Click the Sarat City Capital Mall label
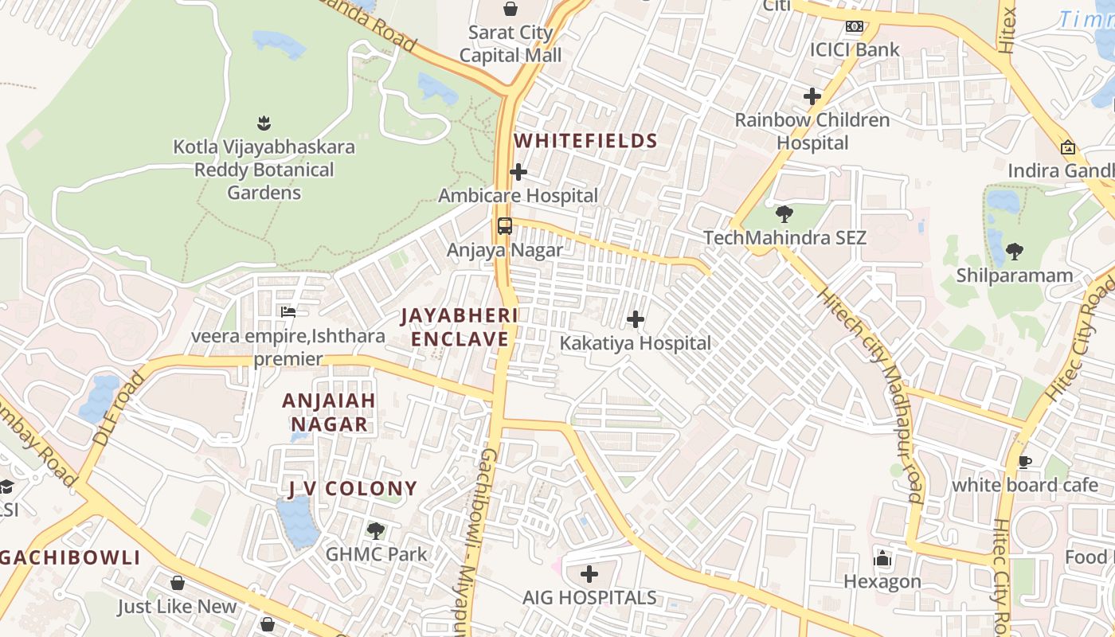click(x=511, y=45)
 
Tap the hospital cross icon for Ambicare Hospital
click(x=518, y=172)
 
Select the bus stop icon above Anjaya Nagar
click(x=505, y=225)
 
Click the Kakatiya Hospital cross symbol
click(x=636, y=320)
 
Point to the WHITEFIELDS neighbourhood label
click(x=585, y=142)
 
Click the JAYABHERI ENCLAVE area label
click(x=459, y=327)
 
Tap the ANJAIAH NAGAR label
click(x=328, y=412)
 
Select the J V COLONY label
click(x=353, y=489)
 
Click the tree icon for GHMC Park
click(x=376, y=530)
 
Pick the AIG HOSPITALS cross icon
click(x=589, y=574)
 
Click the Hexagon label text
click(x=882, y=582)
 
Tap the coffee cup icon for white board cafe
click(x=1026, y=462)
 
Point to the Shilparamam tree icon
click(x=1014, y=252)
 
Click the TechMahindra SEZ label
click(x=784, y=238)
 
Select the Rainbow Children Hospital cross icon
click(x=812, y=97)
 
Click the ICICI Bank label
click(x=855, y=49)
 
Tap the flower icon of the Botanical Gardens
click(x=264, y=123)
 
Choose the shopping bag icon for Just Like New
click(x=178, y=584)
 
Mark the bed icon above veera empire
click(x=288, y=312)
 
